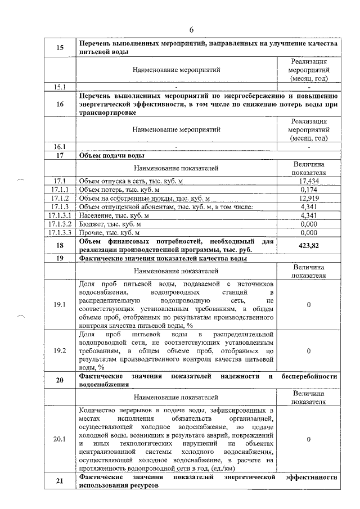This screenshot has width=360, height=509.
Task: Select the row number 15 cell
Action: (x=60, y=48)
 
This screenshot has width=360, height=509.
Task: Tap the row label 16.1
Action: (x=60, y=146)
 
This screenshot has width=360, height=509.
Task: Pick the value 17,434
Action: (x=309, y=181)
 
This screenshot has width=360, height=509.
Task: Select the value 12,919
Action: (x=309, y=198)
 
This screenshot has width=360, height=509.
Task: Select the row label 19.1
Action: (x=60, y=304)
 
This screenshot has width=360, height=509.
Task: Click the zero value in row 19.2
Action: (x=309, y=351)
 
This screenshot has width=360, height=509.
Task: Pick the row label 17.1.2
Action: (x=60, y=198)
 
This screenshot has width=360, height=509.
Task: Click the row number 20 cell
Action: (x=60, y=380)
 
